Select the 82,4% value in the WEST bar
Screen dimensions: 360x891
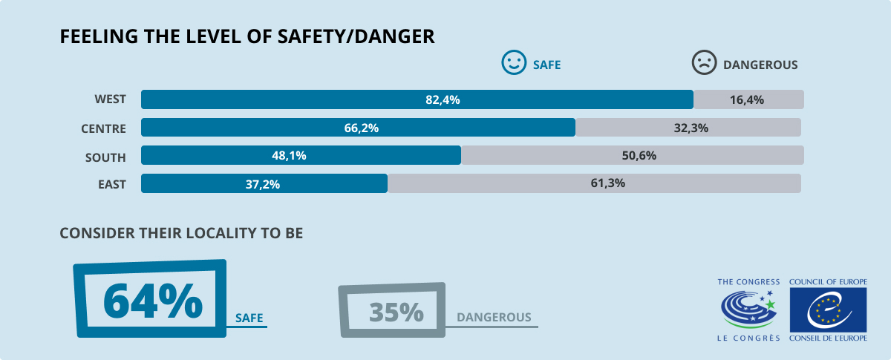(443, 99)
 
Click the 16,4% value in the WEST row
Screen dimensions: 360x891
(748, 99)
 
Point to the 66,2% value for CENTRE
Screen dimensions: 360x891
(362, 128)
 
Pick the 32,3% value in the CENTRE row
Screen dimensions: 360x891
(691, 128)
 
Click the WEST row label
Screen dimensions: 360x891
(111, 99)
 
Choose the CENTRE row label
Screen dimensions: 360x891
(103, 128)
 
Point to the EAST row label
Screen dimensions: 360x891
(112, 184)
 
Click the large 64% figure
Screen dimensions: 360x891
(152, 299)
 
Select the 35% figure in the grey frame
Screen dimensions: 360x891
(396, 312)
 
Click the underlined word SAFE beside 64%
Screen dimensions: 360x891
(249, 318)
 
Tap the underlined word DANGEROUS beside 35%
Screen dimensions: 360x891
(494, 318)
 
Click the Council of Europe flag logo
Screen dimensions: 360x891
(827, 309)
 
